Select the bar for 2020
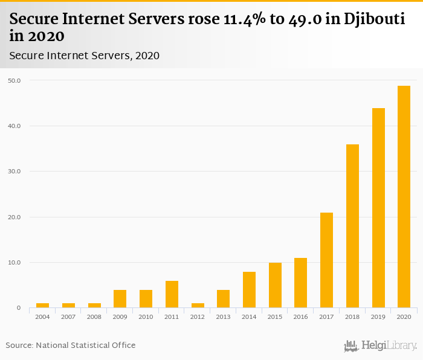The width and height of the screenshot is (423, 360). (404, 197)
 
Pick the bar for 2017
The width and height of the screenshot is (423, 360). (326, 260)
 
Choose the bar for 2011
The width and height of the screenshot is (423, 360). (172, 295)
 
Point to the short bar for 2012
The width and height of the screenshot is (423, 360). (198, 306)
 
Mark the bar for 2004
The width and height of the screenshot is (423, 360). (42, 306)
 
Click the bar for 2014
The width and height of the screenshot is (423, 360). (249, 290)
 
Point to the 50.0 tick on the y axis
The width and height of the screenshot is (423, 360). (15, 80)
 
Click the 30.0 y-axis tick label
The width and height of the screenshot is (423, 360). (15, 172)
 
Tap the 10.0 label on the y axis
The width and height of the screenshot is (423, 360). (15, 263)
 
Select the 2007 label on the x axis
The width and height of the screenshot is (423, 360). (68, 317)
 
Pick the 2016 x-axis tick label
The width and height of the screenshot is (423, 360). (300, 317)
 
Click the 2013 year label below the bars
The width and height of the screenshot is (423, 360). (223, 317)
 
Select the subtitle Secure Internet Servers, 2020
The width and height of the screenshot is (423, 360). (84, 56)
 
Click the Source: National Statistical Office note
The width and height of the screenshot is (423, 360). (71, 346)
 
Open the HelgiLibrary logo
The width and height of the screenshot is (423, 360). (381, 346)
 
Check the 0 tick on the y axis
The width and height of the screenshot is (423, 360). (18, 308)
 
